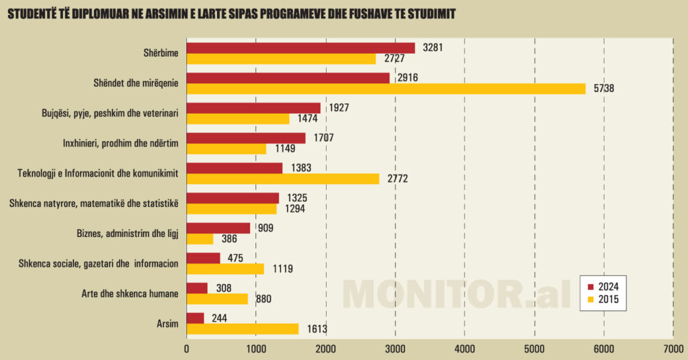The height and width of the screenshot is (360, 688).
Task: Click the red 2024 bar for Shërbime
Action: (x=300, y=48)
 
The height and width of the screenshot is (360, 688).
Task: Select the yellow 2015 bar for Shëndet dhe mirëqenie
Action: (x=386, y=89)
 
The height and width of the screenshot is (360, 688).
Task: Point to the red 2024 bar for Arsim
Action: (x=195, y=318)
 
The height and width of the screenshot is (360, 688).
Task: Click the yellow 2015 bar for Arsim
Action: (x=242, y=328)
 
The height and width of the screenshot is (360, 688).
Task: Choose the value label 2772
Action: (x=398, y=179)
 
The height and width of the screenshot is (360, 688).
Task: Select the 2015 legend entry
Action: (x=603, y=299)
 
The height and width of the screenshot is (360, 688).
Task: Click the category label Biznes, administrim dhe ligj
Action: (x=128, y=234)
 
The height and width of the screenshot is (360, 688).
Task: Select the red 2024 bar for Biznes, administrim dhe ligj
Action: (x=218, y=228)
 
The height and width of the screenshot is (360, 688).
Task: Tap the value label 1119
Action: (x=283, y=269)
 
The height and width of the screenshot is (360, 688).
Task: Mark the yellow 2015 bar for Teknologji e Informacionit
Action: (x=282, y=179)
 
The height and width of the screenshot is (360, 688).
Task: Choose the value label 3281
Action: (x=431, y=48)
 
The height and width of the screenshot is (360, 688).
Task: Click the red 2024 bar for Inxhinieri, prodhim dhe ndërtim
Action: (x=246, y=138)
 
